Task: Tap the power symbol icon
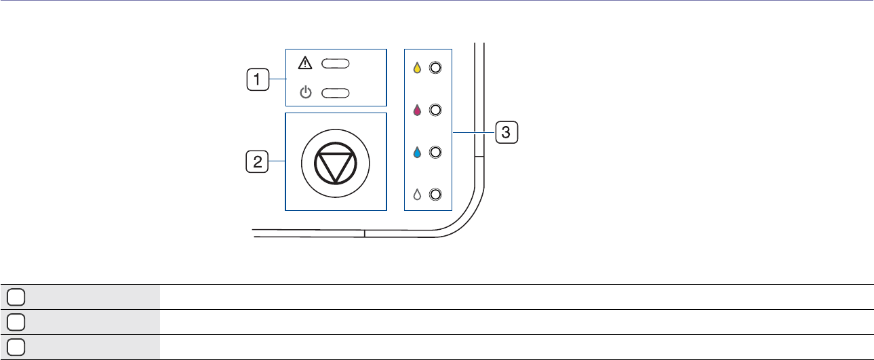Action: point(306,92)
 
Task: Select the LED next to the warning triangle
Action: point(336,64)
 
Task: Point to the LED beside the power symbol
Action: point(336,92)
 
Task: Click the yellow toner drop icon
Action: point(418,68)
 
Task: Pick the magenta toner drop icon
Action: point(418,110)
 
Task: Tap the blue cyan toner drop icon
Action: point(418,152)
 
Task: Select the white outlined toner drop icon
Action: point(418,195)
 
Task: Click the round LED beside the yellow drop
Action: point(435,68)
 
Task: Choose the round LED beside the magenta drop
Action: point(435,110)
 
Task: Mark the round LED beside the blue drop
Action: point(435,152)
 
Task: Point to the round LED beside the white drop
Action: point(435,195)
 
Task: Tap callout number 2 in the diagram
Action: point(256,161)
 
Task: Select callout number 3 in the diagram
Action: point(506,131)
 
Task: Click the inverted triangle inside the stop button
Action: point(335,163)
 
